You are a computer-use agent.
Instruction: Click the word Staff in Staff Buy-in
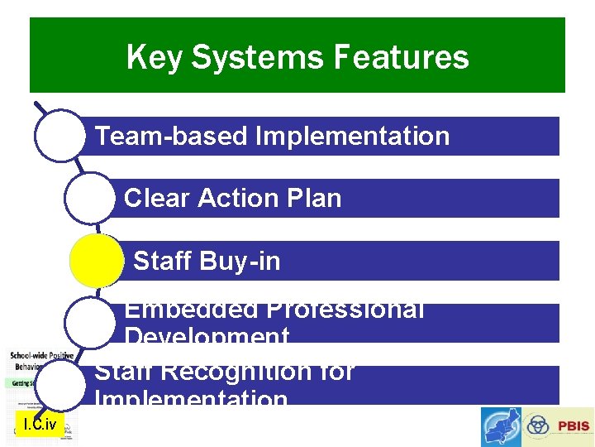pos(162,262)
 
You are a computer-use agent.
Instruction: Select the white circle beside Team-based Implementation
pos(59,136)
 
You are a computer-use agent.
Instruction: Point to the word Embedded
pos(189,310)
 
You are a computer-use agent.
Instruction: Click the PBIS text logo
pos(573,426)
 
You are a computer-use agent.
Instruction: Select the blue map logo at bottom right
pos(502,426)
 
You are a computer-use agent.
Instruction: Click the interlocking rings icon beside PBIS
pos(538,426)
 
